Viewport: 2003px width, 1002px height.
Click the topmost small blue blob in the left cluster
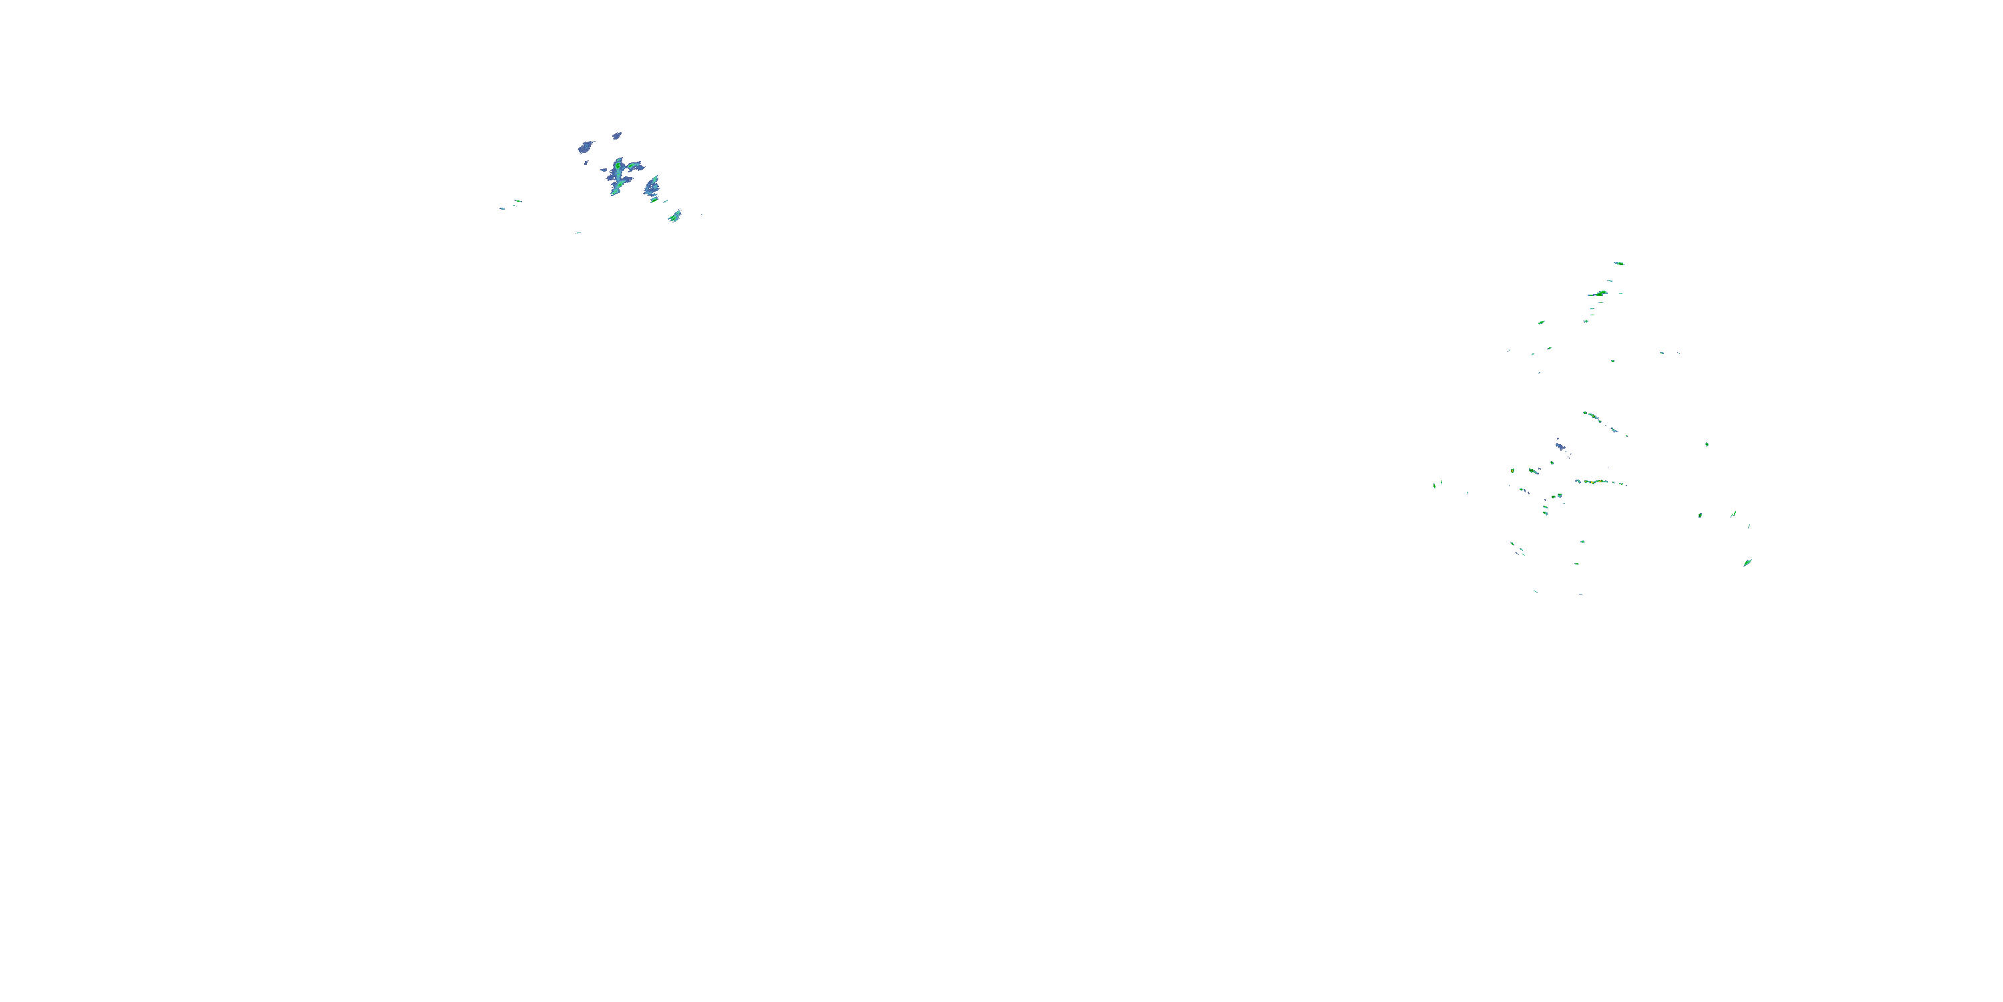(617, 136)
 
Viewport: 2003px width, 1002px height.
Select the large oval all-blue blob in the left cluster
(586, 146)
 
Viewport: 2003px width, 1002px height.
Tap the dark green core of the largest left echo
(618, 166)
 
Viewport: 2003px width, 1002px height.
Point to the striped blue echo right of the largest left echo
(652, 186)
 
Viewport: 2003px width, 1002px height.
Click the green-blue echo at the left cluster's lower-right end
(674, 216)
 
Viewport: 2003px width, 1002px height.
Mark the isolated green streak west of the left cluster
(517, 202)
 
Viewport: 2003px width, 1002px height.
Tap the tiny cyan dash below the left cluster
(578, 232)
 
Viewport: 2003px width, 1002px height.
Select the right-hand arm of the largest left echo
(635, 166)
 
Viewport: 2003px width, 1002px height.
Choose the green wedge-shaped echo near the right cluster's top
(1598, 293)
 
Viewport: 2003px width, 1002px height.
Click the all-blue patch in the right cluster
(1560, 446)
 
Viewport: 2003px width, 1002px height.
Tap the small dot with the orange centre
(1512, 471)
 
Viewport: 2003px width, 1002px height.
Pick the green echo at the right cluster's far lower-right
(1747, 562)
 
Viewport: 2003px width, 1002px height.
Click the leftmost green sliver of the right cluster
(1435, 485)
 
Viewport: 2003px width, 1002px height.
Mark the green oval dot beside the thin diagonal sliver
(1701, 515)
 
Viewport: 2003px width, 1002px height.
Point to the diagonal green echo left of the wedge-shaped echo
(1540, 322)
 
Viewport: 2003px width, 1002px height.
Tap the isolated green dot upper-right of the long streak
(1707, 444)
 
